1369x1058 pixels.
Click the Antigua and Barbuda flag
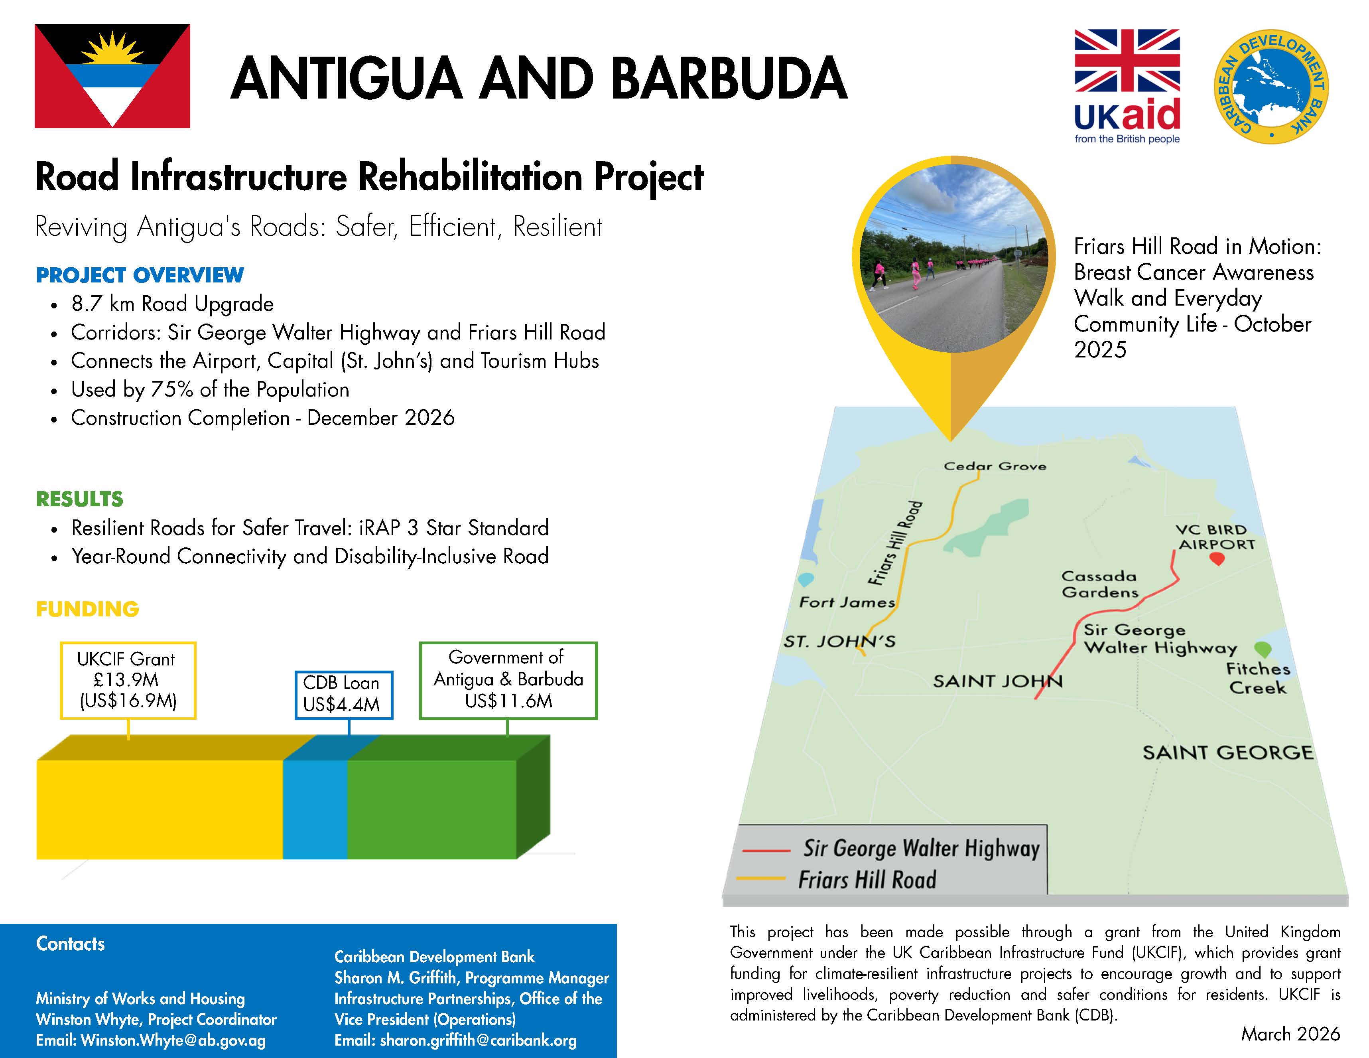coord(112,76)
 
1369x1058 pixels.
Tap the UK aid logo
coord(1127,86)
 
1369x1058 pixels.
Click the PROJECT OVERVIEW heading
coord(140,275)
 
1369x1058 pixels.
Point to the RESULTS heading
coord(80,499)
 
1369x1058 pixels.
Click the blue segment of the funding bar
coord(315,809)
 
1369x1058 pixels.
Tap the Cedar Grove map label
coord(995,466)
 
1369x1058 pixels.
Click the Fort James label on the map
coord(847,602)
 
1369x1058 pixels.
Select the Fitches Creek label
coord(1257,678)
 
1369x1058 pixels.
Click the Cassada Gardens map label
coord(1099,584)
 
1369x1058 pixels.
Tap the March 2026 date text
coord(1290,1034)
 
